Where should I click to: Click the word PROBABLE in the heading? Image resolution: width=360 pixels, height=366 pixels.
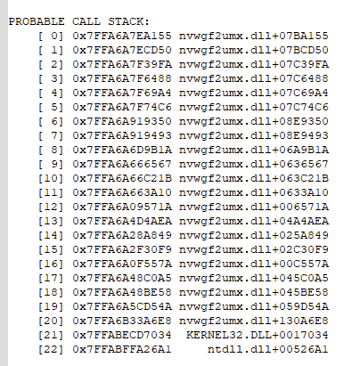37,21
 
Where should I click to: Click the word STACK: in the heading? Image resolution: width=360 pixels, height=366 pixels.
128,21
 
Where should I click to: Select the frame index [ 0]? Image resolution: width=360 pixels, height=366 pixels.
51,36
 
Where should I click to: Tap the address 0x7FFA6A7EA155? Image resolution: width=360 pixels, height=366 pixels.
122,36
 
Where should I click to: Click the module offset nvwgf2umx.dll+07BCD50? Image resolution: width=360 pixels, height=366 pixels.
254,50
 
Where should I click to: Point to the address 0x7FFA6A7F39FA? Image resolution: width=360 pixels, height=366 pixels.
122,64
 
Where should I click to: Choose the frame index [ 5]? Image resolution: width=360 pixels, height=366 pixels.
51,107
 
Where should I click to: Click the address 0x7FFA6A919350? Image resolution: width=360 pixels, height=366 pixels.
122,121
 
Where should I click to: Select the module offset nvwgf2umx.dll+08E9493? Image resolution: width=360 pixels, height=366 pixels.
254,135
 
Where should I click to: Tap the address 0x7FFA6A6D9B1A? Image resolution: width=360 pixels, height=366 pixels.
122,150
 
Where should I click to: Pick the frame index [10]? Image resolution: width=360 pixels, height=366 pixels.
51,178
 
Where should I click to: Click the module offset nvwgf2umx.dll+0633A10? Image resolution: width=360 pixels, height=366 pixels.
254,192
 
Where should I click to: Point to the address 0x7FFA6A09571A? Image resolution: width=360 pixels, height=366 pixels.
122,207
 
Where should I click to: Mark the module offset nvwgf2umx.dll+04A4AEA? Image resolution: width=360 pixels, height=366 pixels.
254,221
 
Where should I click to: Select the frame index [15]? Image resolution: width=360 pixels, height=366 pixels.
51,249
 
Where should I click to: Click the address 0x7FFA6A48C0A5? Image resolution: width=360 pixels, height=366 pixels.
122,278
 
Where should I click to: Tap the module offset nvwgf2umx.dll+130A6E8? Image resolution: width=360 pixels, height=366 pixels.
254,321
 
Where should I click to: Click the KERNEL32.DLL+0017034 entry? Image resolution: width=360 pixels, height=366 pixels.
258,335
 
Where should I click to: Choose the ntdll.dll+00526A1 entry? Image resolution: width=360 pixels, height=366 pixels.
268,349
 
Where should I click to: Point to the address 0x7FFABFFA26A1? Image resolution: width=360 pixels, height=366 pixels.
122,349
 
